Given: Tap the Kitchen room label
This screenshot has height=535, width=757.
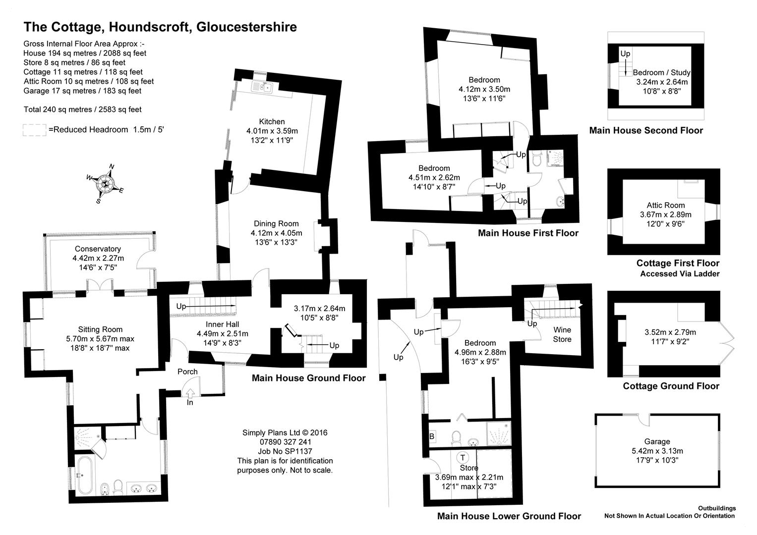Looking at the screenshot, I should point(272,121).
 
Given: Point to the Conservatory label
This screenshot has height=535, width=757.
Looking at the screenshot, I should point(98,249).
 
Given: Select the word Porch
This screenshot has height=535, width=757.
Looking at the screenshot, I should point(187,372).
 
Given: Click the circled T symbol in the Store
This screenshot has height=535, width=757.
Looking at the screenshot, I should point(463,457).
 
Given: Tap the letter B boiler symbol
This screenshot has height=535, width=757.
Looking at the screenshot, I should point(432,436).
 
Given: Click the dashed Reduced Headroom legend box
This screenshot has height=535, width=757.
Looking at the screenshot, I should point(34,130).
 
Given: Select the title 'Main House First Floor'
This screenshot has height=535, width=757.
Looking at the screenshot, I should point(528,233).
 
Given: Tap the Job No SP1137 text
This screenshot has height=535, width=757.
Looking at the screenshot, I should point(285,451).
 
